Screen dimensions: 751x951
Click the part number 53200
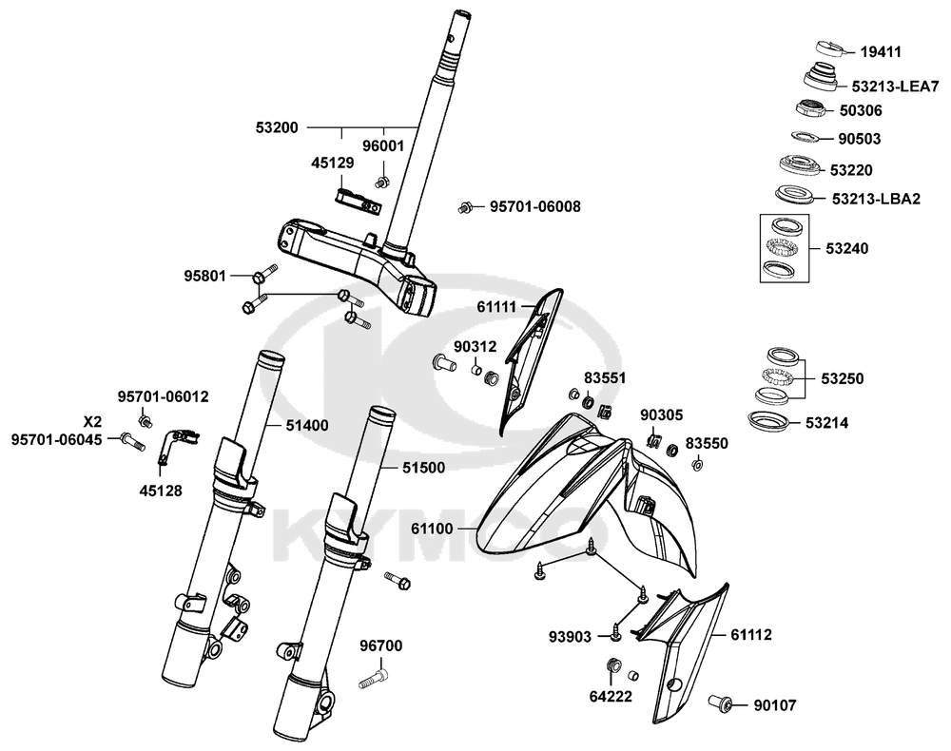pyautogui.click(x=277, y=126)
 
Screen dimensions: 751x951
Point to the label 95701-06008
pyautogui.click(x=535, y=206)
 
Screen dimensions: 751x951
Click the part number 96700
pyautogui.click(x=380, y=646)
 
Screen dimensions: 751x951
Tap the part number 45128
pyautogui.click(x=161, y=491)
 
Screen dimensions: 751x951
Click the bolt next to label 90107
pyautogui.click(x=722, y=704)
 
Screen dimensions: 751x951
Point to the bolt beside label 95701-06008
pyautogui.click(x=466, y=206)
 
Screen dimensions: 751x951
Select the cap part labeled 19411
pyautogui.click(x=831, y=48)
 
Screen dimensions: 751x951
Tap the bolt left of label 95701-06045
pyautogui.click(x=131, y=440)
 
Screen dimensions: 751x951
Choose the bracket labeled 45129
pyautogui.click(x=359, y=201)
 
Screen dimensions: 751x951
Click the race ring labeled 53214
pyautogui.click(x=771, y=421)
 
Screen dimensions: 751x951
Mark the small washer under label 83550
pyautogui.click(x=696, y=465)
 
